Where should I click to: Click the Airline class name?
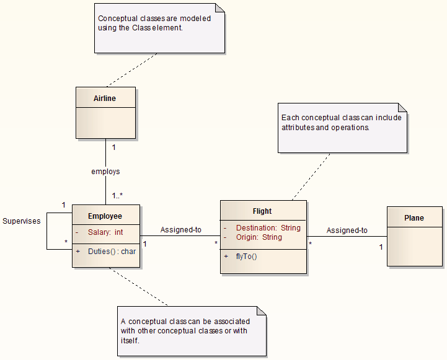105,98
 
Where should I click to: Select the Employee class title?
105,216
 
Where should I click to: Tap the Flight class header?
262,211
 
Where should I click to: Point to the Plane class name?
414,217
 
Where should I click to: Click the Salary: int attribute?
102,232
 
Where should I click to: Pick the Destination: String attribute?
268,228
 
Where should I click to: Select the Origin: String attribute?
259,237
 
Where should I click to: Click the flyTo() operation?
246,257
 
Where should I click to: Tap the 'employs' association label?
105,172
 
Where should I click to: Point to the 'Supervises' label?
21,221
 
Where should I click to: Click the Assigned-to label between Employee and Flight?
180,230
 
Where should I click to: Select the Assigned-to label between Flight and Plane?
347,230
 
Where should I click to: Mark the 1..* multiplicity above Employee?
117,196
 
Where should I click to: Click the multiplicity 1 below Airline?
113,147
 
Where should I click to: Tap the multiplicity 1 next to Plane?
381,247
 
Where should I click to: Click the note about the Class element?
159,28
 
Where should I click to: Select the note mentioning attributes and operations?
342,127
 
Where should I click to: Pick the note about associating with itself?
192,331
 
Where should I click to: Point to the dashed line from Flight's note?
311,176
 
